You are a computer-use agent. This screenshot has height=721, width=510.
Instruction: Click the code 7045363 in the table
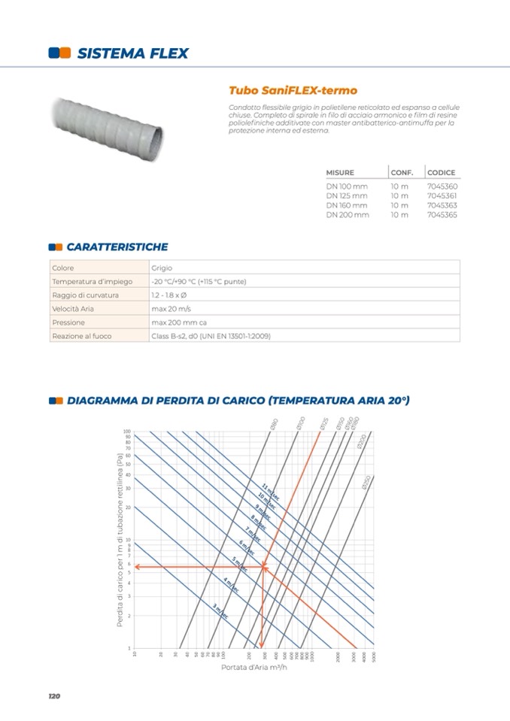coord(442,205)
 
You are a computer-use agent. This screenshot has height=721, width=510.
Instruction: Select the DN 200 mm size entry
coord(348,215)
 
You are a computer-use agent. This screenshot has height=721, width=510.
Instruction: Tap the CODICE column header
coord(441,173)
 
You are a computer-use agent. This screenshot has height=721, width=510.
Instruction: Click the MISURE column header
coord(340,173)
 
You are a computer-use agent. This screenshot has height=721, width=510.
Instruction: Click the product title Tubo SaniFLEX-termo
coord(287,90)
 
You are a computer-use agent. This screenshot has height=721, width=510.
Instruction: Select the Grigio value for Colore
coord(162,268)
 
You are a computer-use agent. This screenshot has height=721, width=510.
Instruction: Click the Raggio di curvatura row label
coord(85,295)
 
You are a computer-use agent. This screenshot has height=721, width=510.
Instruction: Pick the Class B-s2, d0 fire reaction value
coord(211,336)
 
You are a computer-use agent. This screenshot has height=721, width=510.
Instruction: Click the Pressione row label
coord(68,323)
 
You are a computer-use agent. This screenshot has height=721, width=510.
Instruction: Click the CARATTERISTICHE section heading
coord(117,247)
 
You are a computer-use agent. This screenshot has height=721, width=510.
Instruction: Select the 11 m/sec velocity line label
coord(270,492)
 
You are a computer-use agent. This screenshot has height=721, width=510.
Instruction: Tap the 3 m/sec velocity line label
coord(220,611)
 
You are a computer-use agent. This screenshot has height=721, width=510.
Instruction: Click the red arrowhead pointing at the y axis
coord(138,567)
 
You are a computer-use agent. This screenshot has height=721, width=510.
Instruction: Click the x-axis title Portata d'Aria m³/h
coord(253,667)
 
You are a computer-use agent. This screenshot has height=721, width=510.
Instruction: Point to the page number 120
coord(53,696)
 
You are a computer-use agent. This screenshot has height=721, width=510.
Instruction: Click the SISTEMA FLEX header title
coord(132,53)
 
